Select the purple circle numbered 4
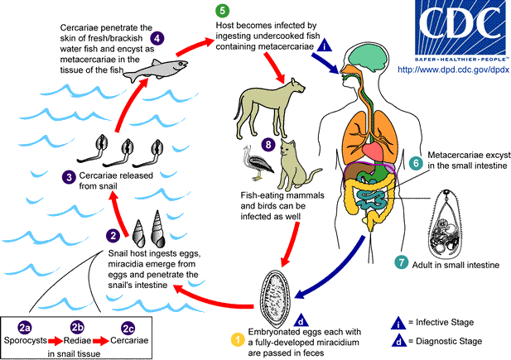[x=157, y=38]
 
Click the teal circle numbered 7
[x=402, y=264]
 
